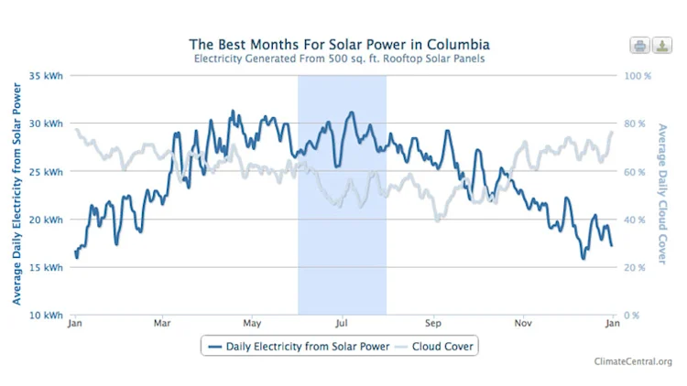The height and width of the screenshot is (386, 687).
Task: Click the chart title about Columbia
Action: pos(339,44)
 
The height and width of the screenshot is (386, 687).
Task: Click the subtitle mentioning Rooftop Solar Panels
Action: pos(339,59)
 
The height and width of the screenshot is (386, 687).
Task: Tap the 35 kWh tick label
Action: pos(46,76)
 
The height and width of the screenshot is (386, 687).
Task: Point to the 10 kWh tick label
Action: pos(46,315)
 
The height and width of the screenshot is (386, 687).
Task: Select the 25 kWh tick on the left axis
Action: pos(46,172)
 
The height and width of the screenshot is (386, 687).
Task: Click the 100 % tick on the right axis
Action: pos(638,76)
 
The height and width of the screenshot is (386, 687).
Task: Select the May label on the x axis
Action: pos(253,324)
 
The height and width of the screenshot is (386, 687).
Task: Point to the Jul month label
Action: pos(343,324)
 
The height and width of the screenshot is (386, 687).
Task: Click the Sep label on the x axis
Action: pos(432,324)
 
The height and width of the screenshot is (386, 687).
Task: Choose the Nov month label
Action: pos(523,324)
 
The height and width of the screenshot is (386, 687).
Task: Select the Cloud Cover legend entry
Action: pos(436,347)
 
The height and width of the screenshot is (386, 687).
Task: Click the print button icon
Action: pos(638,46)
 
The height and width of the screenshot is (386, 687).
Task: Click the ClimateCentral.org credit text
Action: pos(633,362)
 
